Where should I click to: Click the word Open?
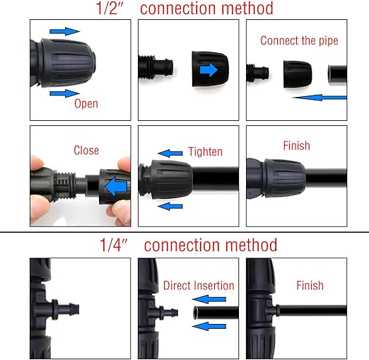point(86,104)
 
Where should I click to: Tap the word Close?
point(86,151)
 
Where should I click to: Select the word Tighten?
point(205,151)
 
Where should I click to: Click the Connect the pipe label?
point(299,40)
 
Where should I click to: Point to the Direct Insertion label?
point(199,286)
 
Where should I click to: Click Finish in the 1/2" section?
point(296,146)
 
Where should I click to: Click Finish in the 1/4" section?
point(310,286)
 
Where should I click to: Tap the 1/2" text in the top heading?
point(110,8)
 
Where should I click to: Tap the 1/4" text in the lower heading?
point(114,245)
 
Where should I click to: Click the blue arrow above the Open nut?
point(65,31)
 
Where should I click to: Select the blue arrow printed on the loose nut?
point(209,70)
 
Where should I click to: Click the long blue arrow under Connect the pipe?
point(320,98)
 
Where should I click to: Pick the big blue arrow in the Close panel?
point(117,187)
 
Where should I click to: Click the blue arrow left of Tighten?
point(170,153)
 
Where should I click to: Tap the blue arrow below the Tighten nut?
point(170,207)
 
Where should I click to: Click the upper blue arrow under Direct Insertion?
point(209,299)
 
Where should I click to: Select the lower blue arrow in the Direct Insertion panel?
point(209,326)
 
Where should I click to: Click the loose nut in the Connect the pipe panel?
point(298,74)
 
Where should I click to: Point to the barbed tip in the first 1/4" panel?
point(75,310)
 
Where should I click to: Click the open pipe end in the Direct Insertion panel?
point(196,313)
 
